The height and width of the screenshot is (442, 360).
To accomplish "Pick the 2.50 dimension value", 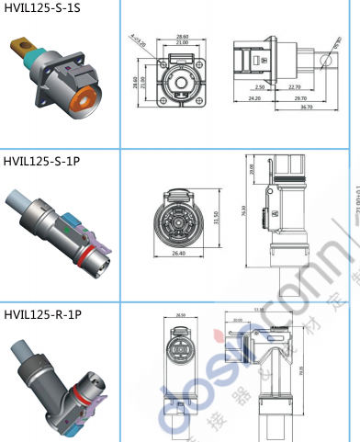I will [x=261, y=86].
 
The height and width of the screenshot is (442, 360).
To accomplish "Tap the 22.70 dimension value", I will [x=294, y=86].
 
